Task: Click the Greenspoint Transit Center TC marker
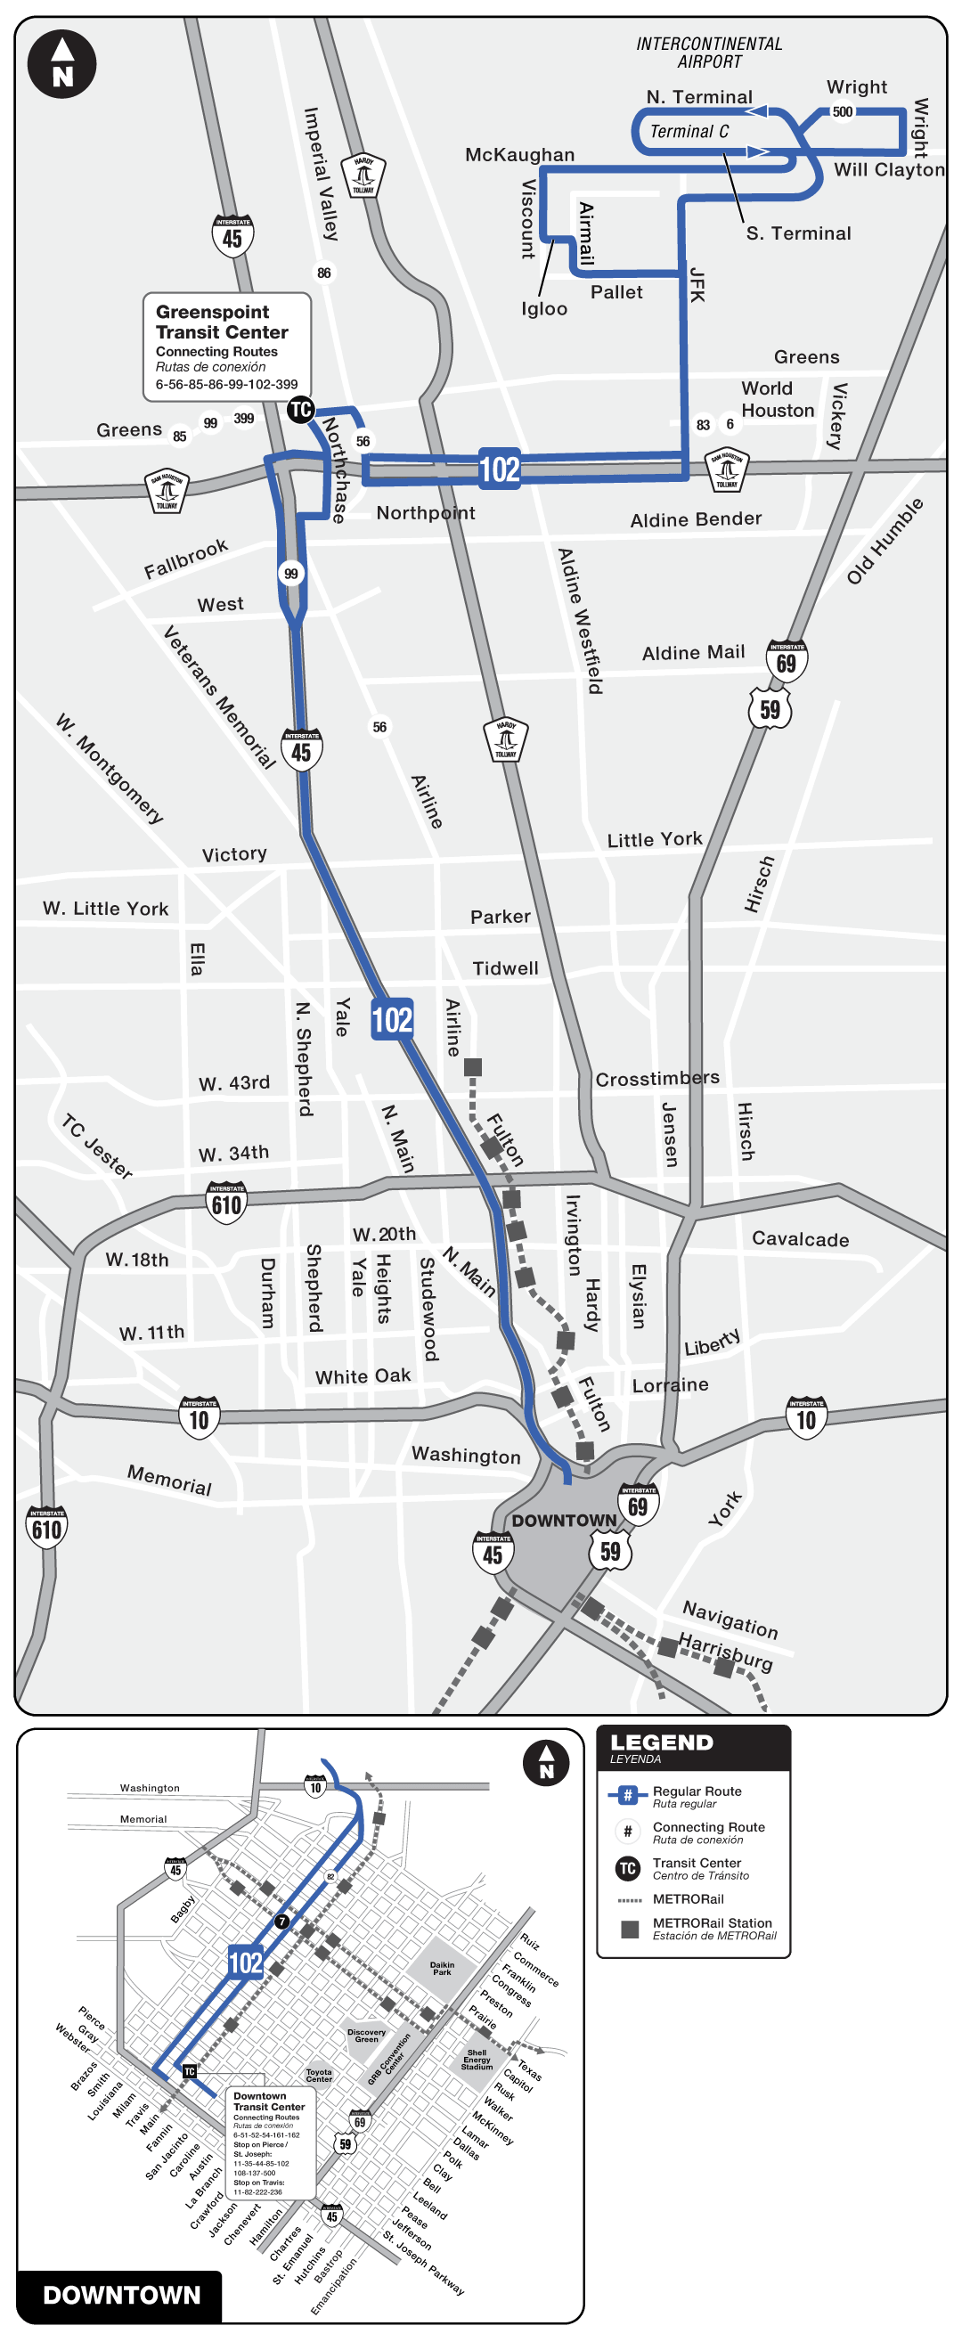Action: tap(300, 410)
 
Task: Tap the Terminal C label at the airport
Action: tap(689, 132)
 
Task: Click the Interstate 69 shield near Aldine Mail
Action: tap(787, 661)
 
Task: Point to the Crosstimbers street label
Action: tap(657, 1079)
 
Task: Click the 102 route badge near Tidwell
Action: tap(392, 1019)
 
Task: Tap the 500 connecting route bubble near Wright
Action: tap(843, 112)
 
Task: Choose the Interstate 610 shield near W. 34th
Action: tap(226, 1204)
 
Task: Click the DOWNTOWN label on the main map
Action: tap(564, 1521)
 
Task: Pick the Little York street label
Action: tap(655, 839)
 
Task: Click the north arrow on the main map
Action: tap(61, 64)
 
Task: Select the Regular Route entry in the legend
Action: tap(697, 1797)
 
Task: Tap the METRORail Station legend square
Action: tap(629, 1929)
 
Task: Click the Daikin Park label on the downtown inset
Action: tap(442, 1969)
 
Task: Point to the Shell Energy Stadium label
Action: tap(477, 2060)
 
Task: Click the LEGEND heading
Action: tap(662, 1742)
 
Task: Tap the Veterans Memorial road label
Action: tap(219, 697)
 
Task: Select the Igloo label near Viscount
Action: tap(543, 309)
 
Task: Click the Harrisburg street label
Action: tap(726, 1652)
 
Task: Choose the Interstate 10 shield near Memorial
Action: tap(200, 1418)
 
